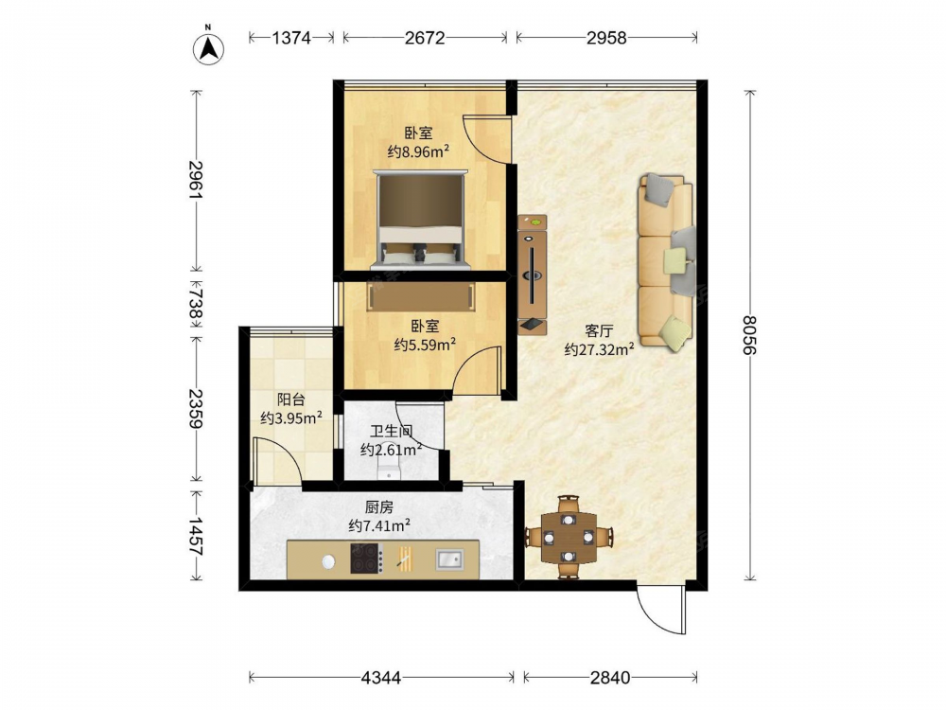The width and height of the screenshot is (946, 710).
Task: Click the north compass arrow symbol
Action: (x=208, y=48)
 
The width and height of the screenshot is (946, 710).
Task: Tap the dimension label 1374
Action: (x=290, y=38)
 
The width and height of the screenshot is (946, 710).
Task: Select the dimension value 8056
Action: (x=749, y=335)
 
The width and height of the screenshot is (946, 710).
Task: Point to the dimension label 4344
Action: (x=380, y=678)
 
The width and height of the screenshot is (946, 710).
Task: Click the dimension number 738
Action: (x=196, y=303)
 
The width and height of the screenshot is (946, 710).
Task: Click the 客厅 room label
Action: (x=599, y=330)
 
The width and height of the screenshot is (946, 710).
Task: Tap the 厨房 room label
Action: (x=379, y=507)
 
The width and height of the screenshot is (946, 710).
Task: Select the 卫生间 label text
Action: (x=391, y=432)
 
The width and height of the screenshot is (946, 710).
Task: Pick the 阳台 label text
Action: (x=290, y=399)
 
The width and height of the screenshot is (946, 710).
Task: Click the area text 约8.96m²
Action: (x=418, y=151)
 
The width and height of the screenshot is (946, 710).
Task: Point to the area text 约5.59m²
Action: (x=425, y=345)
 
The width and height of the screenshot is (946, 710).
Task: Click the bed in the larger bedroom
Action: (x=421, y=220)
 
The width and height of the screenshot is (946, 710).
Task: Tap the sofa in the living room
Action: (x=665, y=261)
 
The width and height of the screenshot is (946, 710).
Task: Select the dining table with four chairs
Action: (x=569, y=537)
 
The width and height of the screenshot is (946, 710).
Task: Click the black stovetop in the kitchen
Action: (x=367, y=559)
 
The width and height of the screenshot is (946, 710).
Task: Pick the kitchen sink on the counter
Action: (x=449, y=559)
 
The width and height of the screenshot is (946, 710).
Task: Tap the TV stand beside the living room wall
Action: (x=532, y=275)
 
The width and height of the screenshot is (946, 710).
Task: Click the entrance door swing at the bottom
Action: (x=661, y=610)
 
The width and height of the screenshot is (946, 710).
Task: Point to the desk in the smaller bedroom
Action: (x=421, y=296)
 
